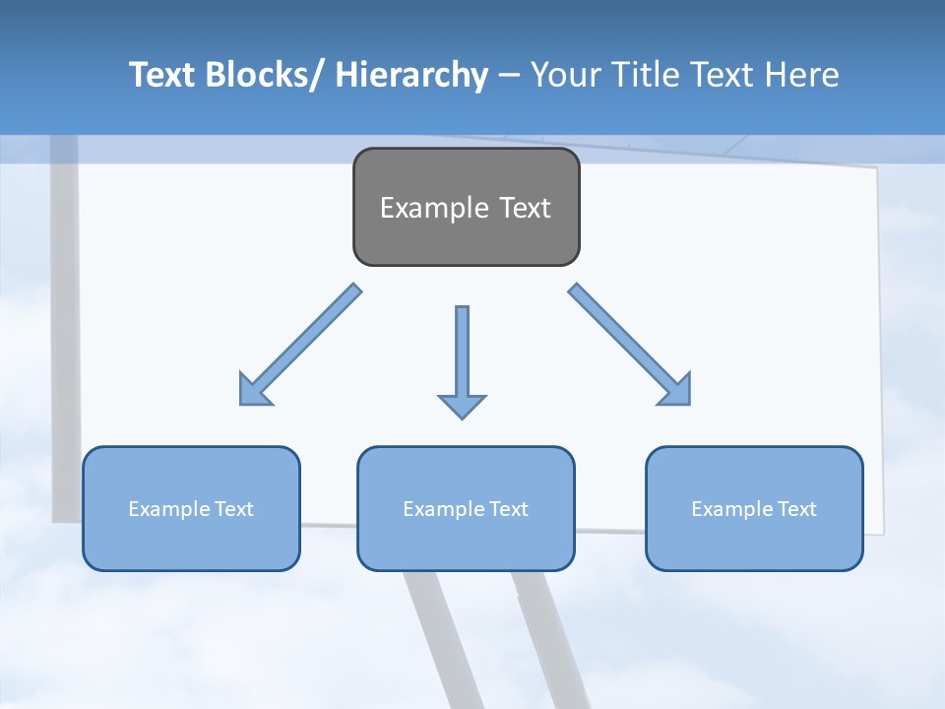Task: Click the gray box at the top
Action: tap(466, 207)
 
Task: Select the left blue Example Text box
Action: tap(191, 508)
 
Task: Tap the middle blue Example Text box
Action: tap(466, 508)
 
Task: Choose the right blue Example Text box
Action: tap(754, 508)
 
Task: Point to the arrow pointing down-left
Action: tap(300, 345)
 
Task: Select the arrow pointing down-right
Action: tap(630, 345)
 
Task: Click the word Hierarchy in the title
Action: tap(411, 75)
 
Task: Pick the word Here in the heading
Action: tap(800, 75)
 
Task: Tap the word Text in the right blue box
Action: tap(795, 508)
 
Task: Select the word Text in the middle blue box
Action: tap(508, 508)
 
